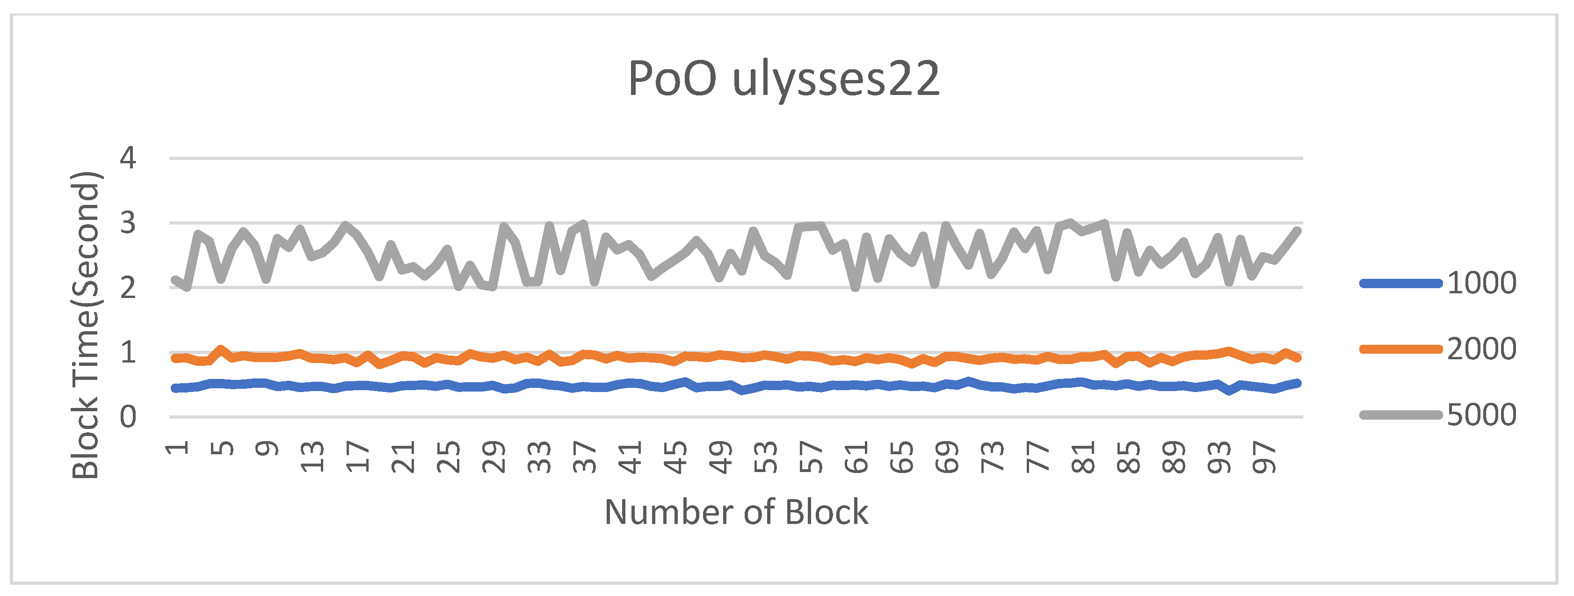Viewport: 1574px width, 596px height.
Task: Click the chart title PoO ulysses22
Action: pos(783,80)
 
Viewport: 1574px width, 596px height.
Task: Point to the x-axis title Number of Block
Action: pos(736,512)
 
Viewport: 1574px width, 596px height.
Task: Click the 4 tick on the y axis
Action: pos(128,158)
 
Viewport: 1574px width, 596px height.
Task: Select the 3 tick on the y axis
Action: pos(128,223)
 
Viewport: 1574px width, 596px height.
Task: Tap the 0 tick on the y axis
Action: pos(128,417)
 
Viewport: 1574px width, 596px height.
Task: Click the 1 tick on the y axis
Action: pos(128,353)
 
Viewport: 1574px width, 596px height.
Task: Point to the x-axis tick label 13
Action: pos(312,457)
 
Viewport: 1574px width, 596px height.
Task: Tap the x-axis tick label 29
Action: pos(493,457)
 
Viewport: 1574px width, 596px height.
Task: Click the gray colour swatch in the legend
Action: pos(1400,415)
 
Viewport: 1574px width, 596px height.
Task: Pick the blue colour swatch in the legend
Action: pos(1400,283)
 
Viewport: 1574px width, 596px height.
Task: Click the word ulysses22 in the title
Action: pos(835,80)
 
